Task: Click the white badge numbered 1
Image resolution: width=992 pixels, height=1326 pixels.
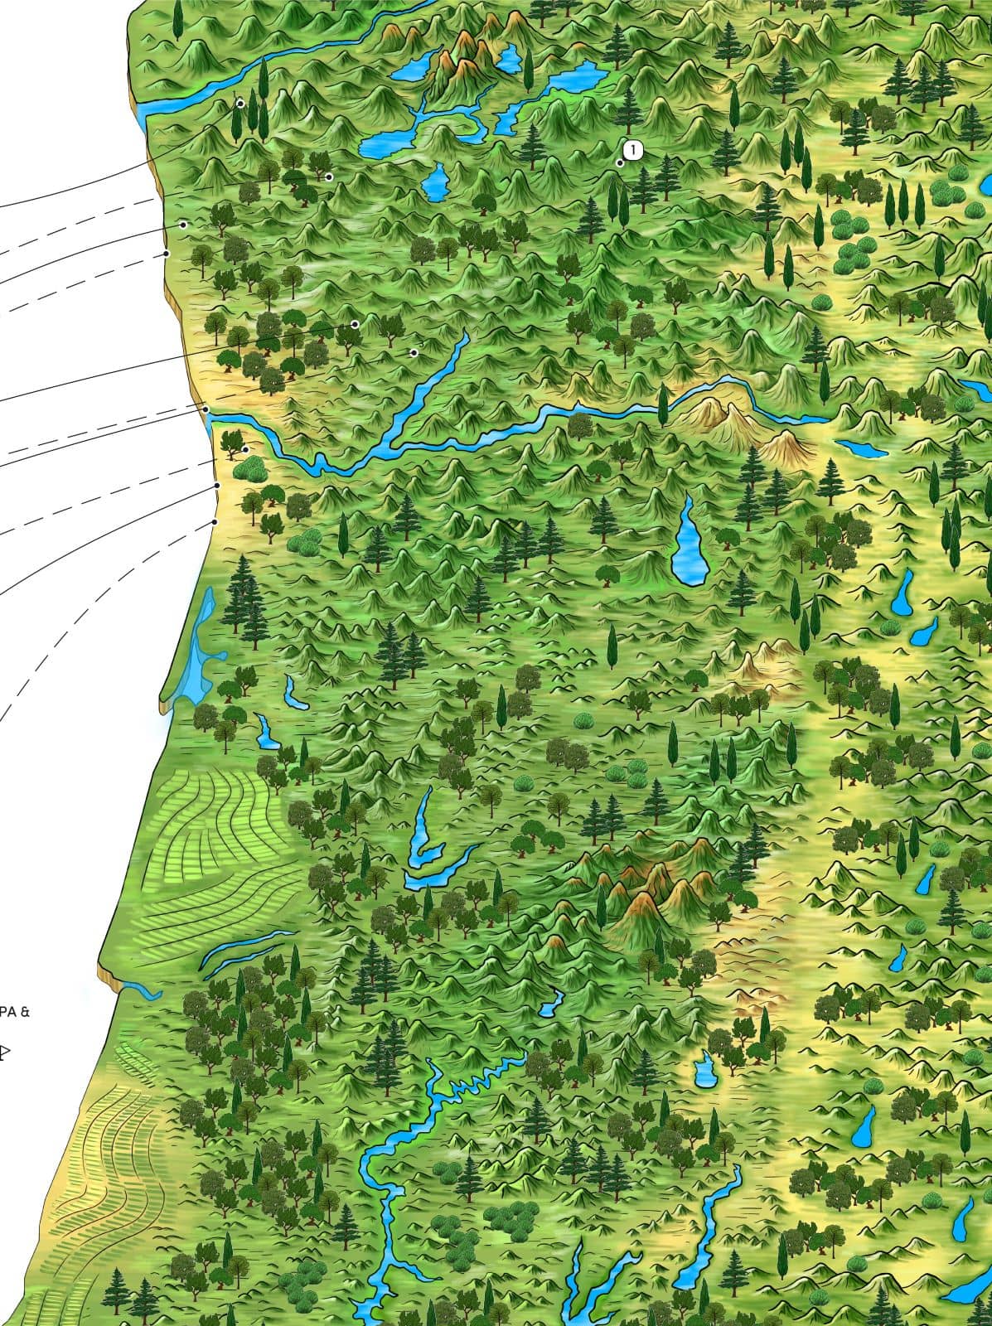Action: (632, 150)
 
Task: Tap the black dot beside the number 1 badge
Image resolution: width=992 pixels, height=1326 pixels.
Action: (620, 163)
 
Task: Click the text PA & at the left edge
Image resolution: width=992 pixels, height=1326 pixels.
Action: (14, 1011)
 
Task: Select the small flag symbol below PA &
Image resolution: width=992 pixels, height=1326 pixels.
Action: (5, 1053)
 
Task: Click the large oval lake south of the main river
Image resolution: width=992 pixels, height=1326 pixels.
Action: (687, 540)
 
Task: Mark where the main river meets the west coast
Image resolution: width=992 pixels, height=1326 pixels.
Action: (212, 414)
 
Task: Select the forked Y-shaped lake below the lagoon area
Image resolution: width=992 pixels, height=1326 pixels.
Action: (427, 845)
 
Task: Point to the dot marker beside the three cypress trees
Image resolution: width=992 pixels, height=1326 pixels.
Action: (240, 104)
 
